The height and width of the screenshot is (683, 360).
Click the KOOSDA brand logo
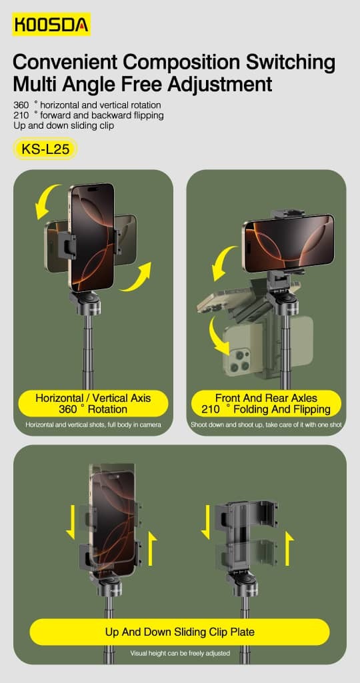(51, 25)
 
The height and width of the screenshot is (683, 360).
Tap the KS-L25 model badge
(45, 149)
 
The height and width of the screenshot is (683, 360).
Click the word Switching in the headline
(291, 62)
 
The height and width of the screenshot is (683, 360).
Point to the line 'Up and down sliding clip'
(63, 126)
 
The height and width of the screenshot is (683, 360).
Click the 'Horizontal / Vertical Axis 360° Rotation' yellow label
(93, 403)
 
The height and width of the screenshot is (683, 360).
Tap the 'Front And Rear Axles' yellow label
(266, 403)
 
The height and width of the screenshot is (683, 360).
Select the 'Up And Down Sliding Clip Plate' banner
(179, 632)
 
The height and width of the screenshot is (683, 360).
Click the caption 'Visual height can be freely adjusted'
(180, 653)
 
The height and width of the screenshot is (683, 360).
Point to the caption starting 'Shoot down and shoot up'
(266, 424)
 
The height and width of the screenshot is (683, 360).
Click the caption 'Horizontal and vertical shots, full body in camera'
(93, 424)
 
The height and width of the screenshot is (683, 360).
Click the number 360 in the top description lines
(21, 105)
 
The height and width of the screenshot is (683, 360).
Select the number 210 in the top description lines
(21, 115)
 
